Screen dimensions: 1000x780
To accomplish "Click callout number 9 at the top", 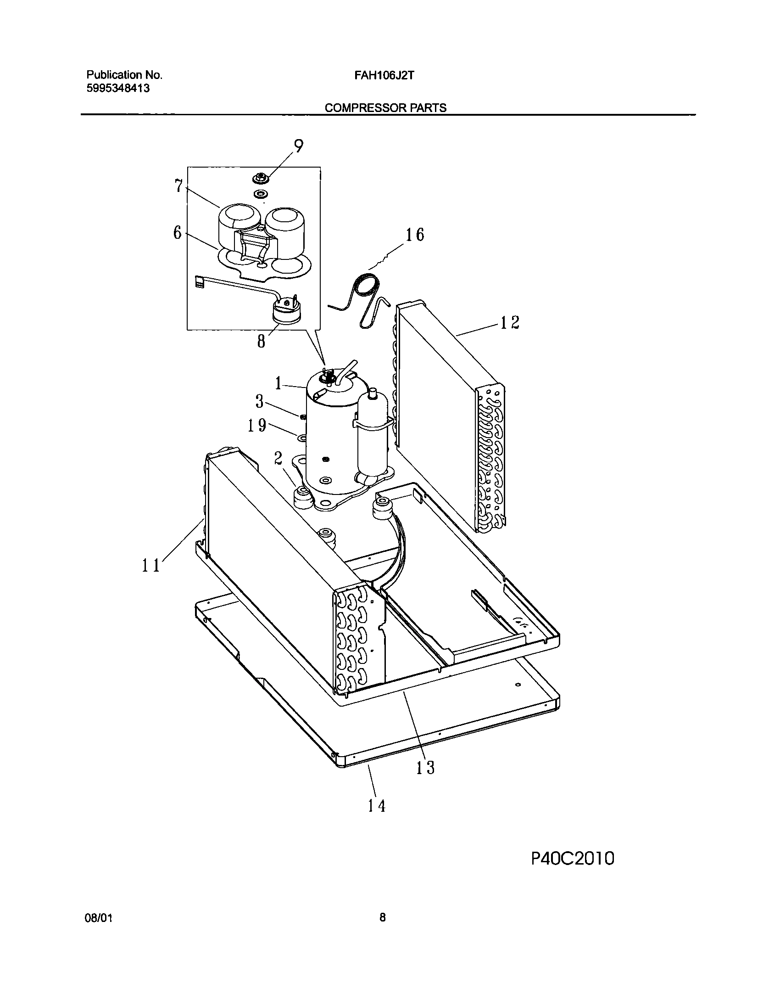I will pos(298,146).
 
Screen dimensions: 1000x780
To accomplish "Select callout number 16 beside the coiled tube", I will pos(414,235).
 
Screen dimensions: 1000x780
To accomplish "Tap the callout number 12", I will pos(509,322).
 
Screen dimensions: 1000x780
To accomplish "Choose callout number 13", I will pos(425,767).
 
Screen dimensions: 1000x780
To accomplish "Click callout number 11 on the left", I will pos(150,565).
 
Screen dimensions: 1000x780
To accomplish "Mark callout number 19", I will pos(257,426).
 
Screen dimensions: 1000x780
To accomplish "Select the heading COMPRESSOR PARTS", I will pos(385,108).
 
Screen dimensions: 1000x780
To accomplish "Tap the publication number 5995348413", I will pos(118,89).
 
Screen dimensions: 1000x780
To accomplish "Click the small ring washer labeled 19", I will pos(303,438).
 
